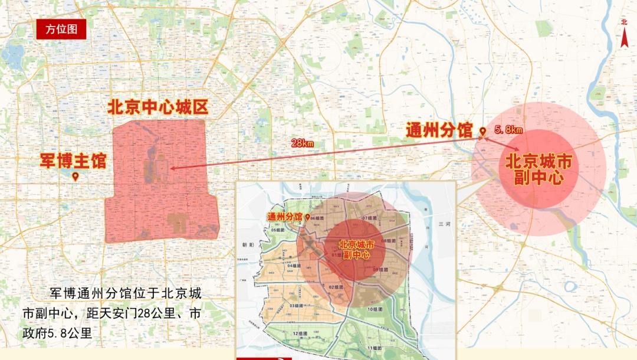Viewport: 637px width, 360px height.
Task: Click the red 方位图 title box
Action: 61,29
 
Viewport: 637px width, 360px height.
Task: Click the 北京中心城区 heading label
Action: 158,107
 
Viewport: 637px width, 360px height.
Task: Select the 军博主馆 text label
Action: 73,160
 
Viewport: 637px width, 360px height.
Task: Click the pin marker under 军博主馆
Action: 75,176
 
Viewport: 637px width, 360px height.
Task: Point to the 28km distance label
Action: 302,143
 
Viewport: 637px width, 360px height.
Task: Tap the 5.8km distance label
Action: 508,130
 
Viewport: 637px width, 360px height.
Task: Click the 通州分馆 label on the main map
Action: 439,130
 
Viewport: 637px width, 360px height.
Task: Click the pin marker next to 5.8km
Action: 482,132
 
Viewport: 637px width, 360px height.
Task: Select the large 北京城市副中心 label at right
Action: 539,169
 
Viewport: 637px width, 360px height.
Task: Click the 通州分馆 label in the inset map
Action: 284,217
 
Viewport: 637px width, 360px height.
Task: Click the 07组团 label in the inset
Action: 370,218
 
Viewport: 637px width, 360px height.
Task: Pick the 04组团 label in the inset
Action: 294,266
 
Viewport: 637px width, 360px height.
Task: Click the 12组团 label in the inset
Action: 300,333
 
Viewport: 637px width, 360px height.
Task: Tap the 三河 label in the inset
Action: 444,225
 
